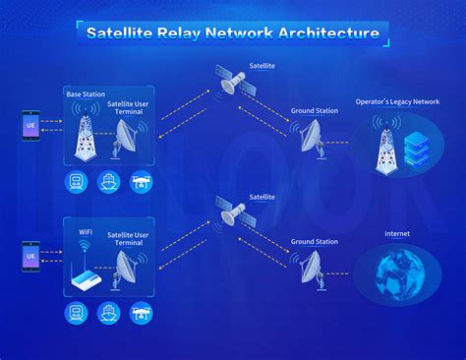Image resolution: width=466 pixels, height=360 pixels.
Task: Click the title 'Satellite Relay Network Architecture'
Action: coord(232,32)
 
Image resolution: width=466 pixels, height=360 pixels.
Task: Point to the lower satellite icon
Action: coord(233,211)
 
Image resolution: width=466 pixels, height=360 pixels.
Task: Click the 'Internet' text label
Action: coord(398,234)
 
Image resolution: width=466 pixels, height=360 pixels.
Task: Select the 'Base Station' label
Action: coord(85,94)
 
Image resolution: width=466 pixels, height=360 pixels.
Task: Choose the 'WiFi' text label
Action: coord(86,232)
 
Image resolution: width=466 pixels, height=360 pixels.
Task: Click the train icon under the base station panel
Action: coord(76,181)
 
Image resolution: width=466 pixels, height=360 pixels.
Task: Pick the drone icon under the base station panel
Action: coord(140,181)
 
